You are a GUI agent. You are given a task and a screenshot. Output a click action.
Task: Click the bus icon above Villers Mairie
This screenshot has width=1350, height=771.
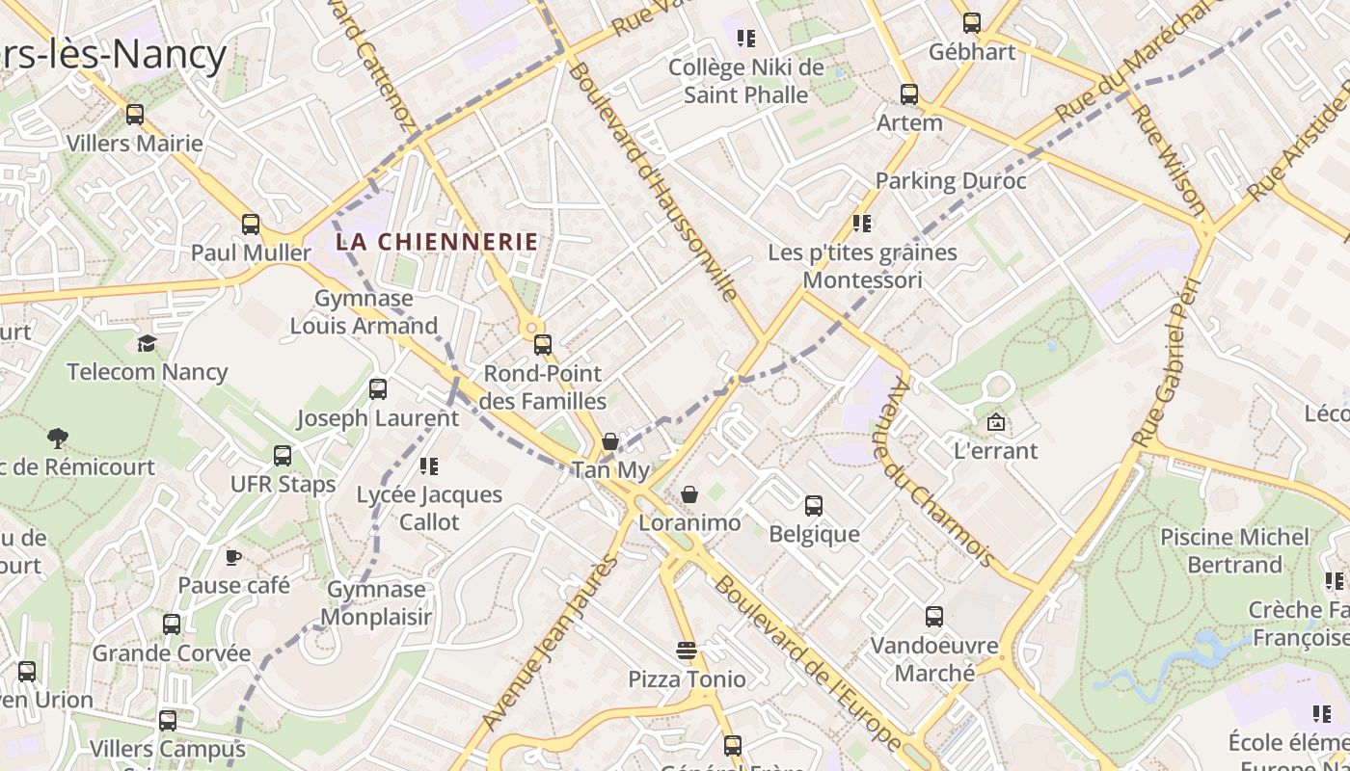pyautogui.click(x=134, y=115)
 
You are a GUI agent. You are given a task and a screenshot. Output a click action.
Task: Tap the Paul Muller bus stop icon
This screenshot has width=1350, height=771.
pyautogui.click(x=251, y=225)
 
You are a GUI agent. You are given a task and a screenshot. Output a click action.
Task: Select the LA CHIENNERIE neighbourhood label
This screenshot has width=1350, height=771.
pyautogui.click(x=436, y=242)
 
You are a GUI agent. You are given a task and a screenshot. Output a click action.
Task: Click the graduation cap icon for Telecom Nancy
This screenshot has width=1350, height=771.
pyautogui.click(x=147, y=344)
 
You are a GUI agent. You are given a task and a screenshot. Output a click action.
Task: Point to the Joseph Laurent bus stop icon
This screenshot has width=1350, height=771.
pyautogui.click(x=378, y=389)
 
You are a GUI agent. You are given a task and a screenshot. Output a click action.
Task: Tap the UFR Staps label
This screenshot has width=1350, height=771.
pyautogui.click(x=283, y=484)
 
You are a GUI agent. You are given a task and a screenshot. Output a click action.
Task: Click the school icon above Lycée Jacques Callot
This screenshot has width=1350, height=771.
pyautogui.click(x=429, y=466)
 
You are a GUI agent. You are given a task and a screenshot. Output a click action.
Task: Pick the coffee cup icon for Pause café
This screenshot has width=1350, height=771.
pyautogui.click(x=232, y=557)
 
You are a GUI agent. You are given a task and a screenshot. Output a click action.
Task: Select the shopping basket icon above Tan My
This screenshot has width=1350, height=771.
pyautogui.click(x=609, y=441)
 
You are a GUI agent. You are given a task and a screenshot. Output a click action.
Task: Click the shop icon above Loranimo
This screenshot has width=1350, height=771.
pyautogui.click(x=689, y=494)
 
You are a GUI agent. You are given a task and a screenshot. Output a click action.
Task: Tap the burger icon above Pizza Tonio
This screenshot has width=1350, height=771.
pyautogui.click(x=687, y=651)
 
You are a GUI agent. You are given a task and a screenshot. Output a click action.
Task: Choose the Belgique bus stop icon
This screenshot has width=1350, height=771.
pyautogui.click(x=814, y=505)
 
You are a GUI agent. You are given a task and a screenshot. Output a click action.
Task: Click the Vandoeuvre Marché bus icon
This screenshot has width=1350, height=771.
pyautogui.click(x=933, y=617)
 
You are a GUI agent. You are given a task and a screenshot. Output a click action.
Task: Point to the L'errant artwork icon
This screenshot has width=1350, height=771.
pyautogui.click(x=995, y=422)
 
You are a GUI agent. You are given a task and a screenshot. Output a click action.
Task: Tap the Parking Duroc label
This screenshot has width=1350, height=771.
pyautogui.click(x=951, y=180)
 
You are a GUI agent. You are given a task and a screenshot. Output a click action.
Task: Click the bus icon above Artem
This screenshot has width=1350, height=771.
pyautogui.click(x=908, y=93)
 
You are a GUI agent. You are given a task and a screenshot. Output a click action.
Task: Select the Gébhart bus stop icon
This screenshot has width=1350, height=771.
pyautogui.click(x=972, y=22)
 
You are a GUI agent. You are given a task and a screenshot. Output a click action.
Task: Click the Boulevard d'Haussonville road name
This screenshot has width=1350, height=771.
pyautogui.click(x=653, y=180)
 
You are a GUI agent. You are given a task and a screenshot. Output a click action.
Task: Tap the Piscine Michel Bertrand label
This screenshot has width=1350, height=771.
pyautogui.click(x=1234, y=550)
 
